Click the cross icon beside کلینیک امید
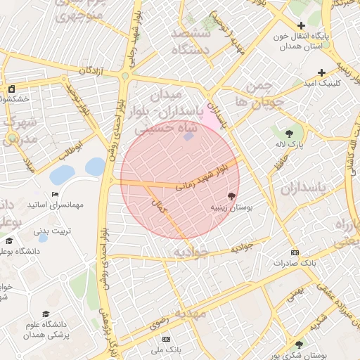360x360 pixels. tap(321, 72)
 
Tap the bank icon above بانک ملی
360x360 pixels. tap(165, 338)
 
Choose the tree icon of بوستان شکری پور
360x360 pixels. tap(299, 345)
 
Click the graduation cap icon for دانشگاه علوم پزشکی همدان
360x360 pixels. tap(46, 314)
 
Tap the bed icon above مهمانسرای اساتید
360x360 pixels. tap(55, 195)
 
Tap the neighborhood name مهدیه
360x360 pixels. tap(191, 312)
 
